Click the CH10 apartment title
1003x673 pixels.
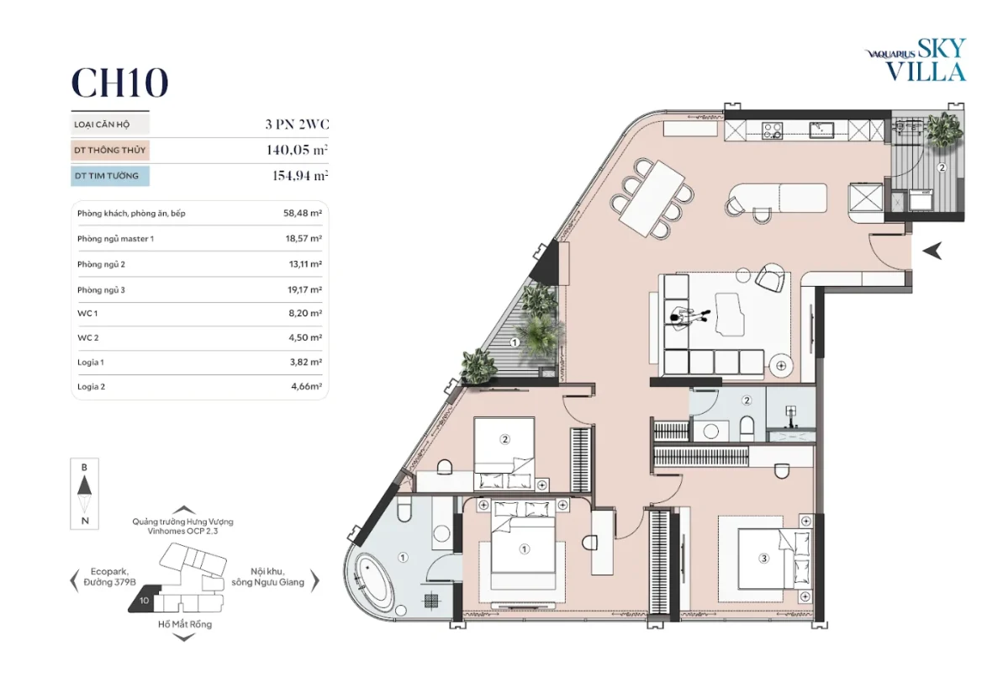point(119,82)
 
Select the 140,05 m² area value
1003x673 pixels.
point(297,150)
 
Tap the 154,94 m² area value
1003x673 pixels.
point(300,176)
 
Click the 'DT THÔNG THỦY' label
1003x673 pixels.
point(110,150)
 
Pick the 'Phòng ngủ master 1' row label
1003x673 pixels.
point(116,239)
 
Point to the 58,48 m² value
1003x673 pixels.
point(303,213)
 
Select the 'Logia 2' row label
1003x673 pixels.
point(91,387)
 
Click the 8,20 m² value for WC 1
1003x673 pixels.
point(305,313)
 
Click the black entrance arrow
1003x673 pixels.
point(932,251)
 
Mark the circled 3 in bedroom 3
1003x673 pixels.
point(763,559)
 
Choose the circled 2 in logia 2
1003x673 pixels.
point(942,167)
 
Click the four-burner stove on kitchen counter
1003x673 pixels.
point(772,130)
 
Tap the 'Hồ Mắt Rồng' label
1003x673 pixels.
point(185,624)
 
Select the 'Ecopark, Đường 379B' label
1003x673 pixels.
point(109,577)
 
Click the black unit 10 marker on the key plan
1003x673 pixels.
point(143,600)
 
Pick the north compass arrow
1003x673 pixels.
point(84,485)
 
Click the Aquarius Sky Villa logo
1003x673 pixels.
point(916,60)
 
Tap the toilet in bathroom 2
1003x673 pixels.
point(746,427)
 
